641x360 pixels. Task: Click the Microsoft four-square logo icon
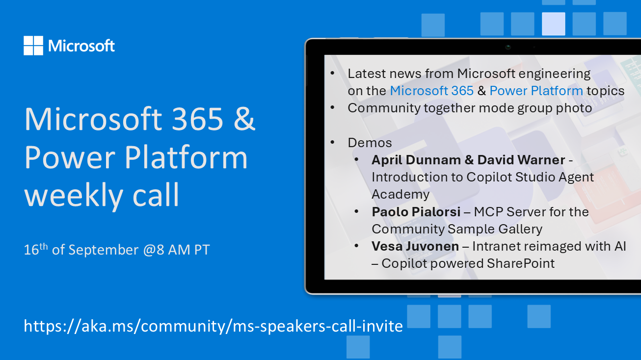pyautogui.click(x=33, y=46)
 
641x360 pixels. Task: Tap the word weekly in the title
pyautogui.click(x=74, y=195)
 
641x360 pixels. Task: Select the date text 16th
pyautogui.click(x=35, y=249)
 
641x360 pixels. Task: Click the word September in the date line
pyautogui.click(x=104, y=250)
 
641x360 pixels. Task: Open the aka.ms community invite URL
pyautogui.click(x=213, y=326)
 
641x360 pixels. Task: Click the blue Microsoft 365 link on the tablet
pyautogui.click(x=432, y=91)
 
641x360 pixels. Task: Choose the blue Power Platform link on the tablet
pyautogui.click(x=536, y=91)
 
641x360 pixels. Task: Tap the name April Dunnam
pyautogui.click(x=416, y=160)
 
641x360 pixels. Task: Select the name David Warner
pyautogui.click(x=521, y=160)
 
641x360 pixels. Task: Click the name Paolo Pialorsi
pyautogui.click(x=416, y=212)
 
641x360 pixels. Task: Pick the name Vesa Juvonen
pyautogui.click(x=415, y=247)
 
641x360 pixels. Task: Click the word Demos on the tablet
pyautogui.click(x=370, y=143)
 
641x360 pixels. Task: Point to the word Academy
pyautogui.click(x=401, y=195)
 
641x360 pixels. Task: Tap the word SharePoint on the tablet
pyautogui.click(x=521, y=264)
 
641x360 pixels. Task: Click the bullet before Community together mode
pyautogui.click(x=332, y=108)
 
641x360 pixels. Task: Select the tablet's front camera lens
pyautogui.click(x=508, y=47)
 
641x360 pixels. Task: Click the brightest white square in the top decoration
pyautogui.click(x=554, y=24)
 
